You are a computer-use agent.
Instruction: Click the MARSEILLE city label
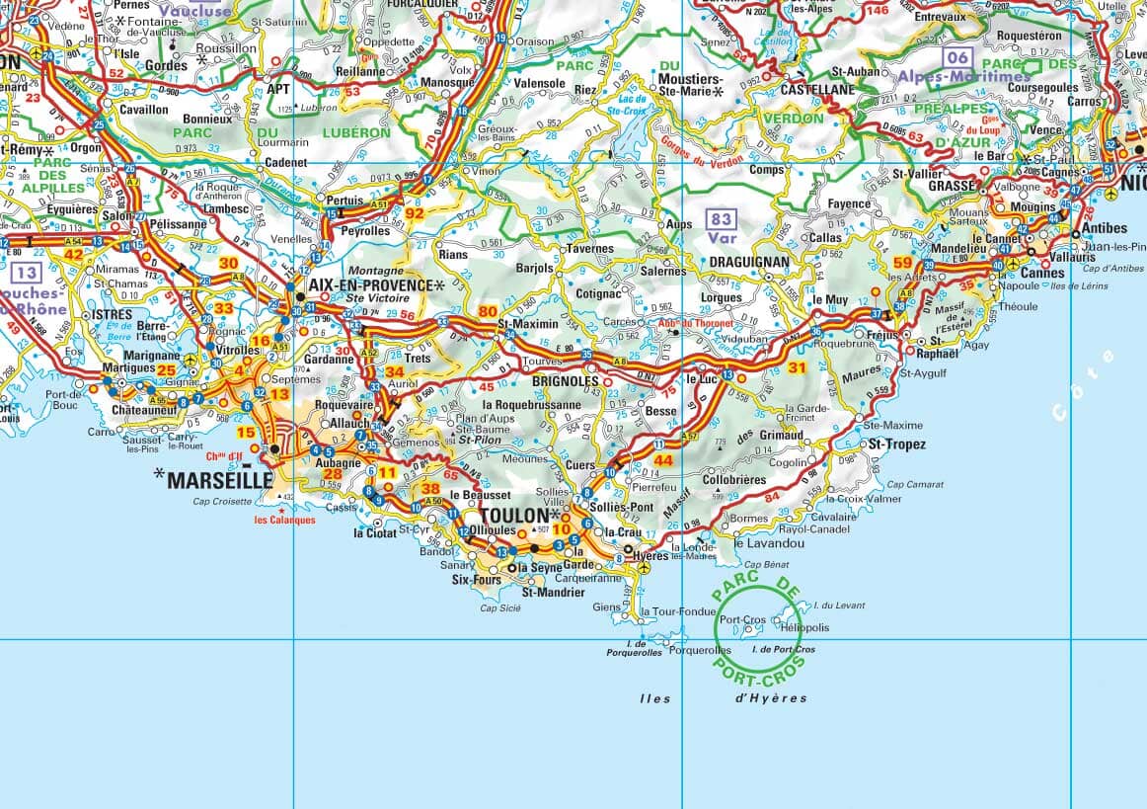point(219,480)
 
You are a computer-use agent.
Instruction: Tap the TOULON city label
point(513,516)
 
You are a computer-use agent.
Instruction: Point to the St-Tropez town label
point(897,445)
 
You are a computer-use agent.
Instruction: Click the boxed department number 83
point(722,219)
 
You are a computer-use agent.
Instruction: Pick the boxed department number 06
point(956,56)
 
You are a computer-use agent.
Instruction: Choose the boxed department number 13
point(28,274)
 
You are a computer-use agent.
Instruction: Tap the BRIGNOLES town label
point(566,380)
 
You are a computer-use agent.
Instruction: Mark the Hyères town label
point(650,556)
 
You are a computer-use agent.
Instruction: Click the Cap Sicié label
point(500,607)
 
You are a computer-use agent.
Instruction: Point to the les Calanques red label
point(284,520)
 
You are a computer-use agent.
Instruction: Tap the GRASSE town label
point(951,185)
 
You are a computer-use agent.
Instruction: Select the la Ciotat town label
point(375,532)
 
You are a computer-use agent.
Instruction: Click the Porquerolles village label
point(700,650)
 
